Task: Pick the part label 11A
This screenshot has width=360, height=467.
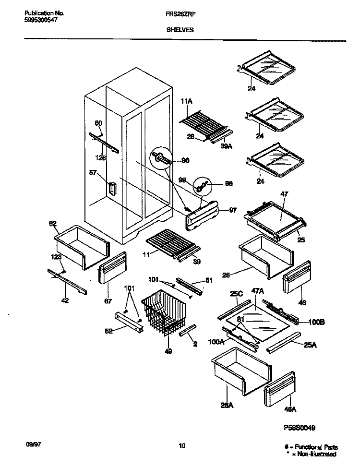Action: pos(187,102)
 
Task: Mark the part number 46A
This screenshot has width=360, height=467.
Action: pos(291,409)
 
